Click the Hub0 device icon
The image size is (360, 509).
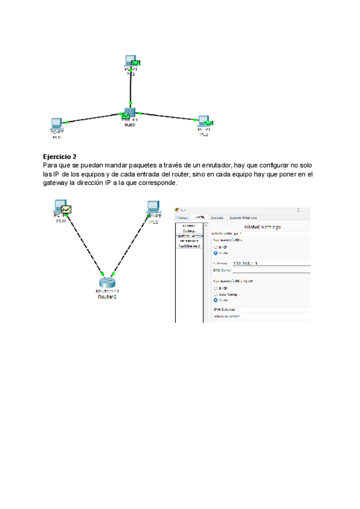click(128, 114)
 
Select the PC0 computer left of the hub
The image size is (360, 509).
click(56, 124)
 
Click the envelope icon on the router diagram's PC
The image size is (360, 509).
click(67, 209)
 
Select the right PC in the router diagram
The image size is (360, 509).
click(154, 207)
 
